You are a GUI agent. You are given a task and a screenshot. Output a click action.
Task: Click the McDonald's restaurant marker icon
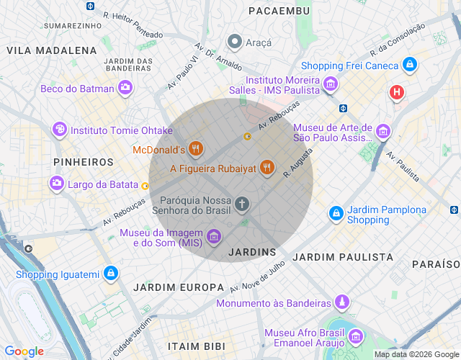click(196, 150)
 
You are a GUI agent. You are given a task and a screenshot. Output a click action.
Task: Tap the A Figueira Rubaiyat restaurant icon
click(267, 168)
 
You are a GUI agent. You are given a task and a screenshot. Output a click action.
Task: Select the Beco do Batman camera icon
click(125, 88)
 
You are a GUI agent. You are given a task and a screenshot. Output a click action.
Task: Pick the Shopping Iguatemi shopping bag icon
click(110, 274)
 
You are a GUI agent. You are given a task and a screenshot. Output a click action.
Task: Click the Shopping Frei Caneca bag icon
click(409, 65)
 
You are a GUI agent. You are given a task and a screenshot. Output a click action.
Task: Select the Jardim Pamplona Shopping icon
click(336, 214)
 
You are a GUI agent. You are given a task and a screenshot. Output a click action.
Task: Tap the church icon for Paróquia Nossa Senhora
click(242, 204)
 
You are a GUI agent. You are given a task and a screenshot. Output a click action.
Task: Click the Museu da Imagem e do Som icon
click(213, 236)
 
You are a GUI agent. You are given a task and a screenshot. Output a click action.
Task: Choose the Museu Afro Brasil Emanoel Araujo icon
click(355, 336)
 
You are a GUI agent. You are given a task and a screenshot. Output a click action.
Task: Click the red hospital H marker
click(396, 92)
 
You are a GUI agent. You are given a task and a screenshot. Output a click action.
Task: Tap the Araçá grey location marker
click(234, 42)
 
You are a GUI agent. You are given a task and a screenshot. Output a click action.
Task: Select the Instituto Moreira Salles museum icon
click(331, 85)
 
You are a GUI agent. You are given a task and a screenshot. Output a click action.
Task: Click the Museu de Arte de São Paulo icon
click(382, 132)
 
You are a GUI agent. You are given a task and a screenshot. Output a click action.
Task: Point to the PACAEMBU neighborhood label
click(279, 11)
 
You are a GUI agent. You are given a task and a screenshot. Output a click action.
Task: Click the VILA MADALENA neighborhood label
click(52, 50)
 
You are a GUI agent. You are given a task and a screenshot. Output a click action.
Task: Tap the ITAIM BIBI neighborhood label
click(195, 346)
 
